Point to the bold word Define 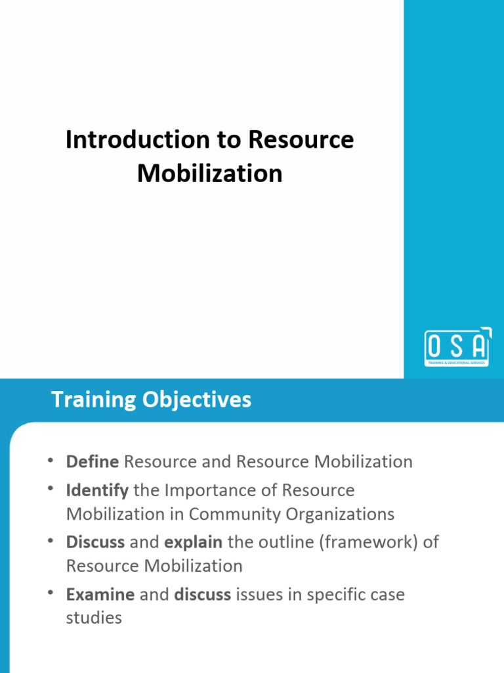(93, 461)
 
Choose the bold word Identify (97, 490)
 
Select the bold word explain (193, 543)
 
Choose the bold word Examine (100, 595)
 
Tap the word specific (334, 595)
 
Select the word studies (94, 618)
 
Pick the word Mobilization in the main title (210, 174)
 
